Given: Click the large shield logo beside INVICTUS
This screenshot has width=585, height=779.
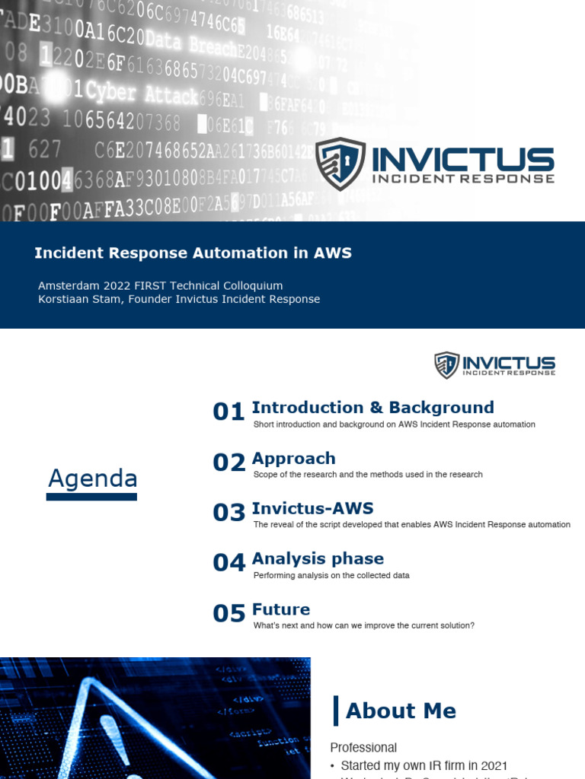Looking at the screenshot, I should click(x=340, y=164).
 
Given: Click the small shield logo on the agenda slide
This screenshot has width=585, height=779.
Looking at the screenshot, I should click(x=446, y=365).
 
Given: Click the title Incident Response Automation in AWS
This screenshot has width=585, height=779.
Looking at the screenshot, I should click(x=193, y=253).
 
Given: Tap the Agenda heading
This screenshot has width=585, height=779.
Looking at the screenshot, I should click(x=92, y=479).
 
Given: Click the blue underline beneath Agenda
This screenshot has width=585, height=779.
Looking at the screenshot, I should click(x=91, y=497).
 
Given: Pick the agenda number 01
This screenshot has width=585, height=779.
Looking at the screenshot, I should click(x=229, y=412).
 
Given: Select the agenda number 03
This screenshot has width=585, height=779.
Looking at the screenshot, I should click(x=229, y=513).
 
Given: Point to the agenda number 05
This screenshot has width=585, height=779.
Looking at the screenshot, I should click(x=229, y=614).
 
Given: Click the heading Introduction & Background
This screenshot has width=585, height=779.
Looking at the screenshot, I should click(x=372, y=408).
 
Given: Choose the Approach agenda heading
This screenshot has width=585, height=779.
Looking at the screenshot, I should click(x=293, y=458).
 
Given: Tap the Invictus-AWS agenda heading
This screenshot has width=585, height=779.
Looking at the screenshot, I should click(x=312, y=508).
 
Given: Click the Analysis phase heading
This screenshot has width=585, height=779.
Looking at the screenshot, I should click(x=318, y=558).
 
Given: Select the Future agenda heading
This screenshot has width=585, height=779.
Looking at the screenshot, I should click(x=281, y=609).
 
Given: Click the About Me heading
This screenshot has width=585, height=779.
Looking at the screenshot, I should click(x=401, y=711).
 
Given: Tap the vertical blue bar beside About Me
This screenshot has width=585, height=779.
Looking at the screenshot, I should click(x=336, y=711).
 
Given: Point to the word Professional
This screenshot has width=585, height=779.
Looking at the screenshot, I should click(x=363, y=748).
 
